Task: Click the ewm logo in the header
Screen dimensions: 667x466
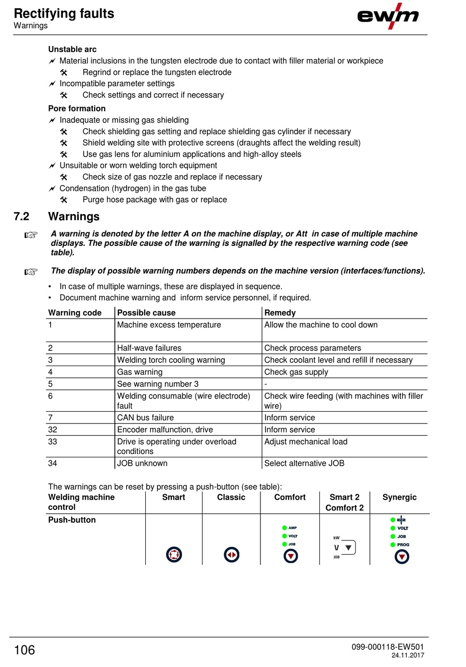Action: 388,16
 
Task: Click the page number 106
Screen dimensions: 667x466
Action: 25,650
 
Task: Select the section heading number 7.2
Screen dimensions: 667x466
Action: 22,216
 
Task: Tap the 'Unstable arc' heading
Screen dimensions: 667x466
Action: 72,49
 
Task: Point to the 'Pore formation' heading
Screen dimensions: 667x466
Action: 77,108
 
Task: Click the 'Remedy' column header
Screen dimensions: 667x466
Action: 280,313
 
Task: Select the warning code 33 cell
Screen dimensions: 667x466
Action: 52,442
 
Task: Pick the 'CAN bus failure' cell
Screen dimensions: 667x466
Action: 145,418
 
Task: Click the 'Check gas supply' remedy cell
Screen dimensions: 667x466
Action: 296,372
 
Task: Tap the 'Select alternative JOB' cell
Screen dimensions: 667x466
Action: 304,463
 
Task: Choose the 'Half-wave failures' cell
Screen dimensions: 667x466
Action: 149,348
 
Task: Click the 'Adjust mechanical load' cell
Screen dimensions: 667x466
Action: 306,442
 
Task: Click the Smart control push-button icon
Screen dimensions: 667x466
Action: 174,555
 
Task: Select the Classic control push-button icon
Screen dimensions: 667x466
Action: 232,555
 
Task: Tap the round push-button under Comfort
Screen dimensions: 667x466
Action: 291,556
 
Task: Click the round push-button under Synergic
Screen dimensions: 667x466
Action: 402,557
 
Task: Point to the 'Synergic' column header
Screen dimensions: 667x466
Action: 399,497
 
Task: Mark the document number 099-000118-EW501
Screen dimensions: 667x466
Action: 388,647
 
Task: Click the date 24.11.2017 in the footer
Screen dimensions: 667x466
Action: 408,655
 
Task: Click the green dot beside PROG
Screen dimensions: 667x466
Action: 393,545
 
